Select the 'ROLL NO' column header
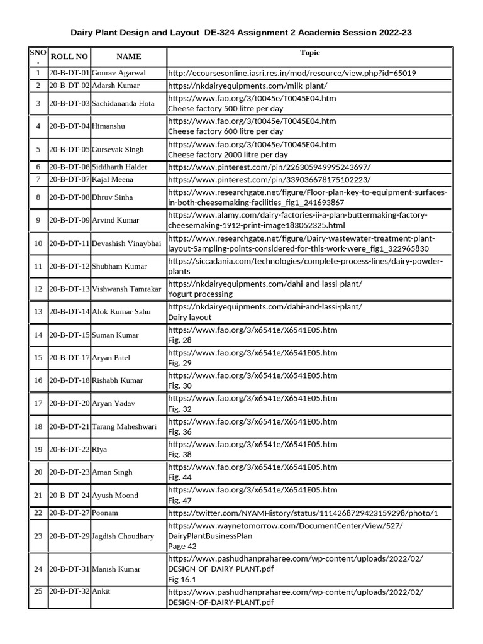tap(69, 57)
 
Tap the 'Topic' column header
tap(309, 53)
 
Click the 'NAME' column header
tap(129, 57)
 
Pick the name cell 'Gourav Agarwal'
tap(119, 73)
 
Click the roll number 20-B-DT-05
tap(69, 149)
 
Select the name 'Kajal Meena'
tap(112, 179)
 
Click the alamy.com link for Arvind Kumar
tap(297, 220)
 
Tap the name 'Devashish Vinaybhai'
tap(126, 243)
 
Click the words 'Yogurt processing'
tap(200, 294)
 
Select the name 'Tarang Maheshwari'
tap(124, 426)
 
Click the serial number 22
tap(38, 513)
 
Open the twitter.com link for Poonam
tap(303, 513)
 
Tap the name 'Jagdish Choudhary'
tap(123, 536)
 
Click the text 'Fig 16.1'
tap(182, 580)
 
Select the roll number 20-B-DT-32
tap(69, 591)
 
